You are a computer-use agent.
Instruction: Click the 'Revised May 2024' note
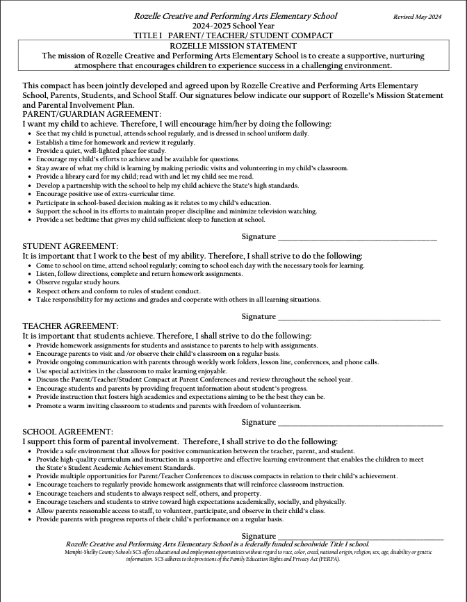[x=418, y=16]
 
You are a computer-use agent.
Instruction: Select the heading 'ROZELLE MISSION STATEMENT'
[x=233, y=45]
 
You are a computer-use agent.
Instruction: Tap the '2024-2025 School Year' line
[x=233, y=25]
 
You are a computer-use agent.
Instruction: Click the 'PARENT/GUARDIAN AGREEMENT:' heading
[x=92, y=113]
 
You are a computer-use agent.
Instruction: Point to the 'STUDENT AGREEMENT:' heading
[x=70, y=245]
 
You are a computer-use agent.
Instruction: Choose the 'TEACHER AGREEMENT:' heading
[x=70, y=325]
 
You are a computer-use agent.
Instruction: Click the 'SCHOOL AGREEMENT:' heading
[x=67, y=432]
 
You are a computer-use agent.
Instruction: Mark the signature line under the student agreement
[x=359, y=318]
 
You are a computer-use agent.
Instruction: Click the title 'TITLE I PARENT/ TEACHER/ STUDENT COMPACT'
[x=233, y=35]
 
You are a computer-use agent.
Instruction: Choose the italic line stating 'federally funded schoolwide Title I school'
[x=218, y=544]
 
